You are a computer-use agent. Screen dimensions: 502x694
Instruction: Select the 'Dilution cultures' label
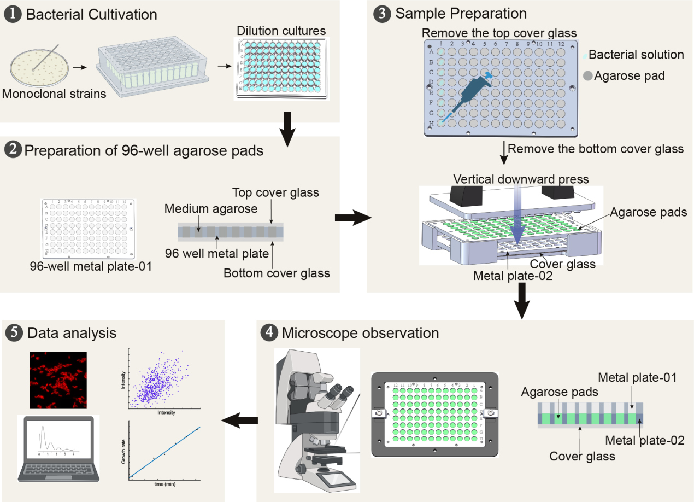pyautogui.click(x=281, y=31)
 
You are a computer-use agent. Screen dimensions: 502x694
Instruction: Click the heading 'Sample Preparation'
pyautogui.click(x=461, y=14)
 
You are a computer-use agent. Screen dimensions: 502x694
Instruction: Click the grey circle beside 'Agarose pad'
pyautogui.click(x=588, y=76)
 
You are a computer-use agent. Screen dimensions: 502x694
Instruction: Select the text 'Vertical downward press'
pyautogui.click(x=521, y=179)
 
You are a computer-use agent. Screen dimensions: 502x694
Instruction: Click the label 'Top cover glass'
pyautogui.click(x=275, y=192)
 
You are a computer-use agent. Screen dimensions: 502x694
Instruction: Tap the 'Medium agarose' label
pyautogui.click(x=211, y=209)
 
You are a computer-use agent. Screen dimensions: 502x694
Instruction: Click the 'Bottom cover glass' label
pyautogui.click(x=277, y=272)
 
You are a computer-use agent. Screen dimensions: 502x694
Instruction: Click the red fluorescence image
pyautogui.click(x=58, y=380)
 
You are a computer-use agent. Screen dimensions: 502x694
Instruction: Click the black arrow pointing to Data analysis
pyautogui.click(x=239, y=420)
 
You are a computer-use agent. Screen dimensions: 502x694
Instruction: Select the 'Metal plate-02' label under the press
pyautogui.click(x=513, y=276)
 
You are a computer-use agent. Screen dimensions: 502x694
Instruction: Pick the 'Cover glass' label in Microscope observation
pyautogui.click(x=582, y=456)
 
